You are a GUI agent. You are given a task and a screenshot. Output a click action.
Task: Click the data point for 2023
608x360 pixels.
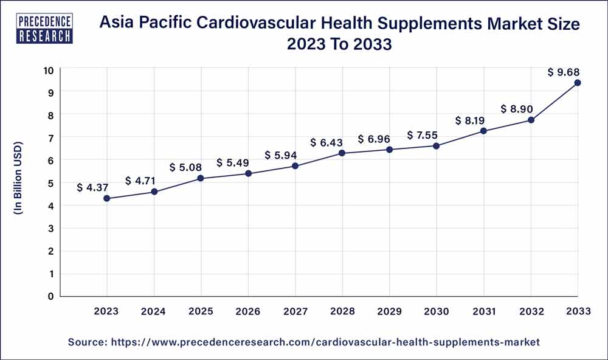click(x=107, y=198)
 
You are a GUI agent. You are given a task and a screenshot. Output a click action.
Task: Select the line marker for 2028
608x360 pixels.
click(x=342, y=153)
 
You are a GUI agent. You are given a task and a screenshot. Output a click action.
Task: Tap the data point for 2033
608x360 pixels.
click(x=578, y=83)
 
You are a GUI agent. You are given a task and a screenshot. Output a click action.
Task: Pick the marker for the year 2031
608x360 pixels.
click(x=483, y=131)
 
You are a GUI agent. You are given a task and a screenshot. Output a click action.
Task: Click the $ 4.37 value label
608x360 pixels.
click(x=92, y=188)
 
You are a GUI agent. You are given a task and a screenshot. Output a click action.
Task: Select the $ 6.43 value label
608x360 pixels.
click(x=328, y=142)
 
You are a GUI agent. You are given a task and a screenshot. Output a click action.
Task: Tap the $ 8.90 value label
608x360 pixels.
click(x=517, y=109)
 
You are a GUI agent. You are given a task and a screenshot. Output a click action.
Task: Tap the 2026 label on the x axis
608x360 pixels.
click(x=248, y=311)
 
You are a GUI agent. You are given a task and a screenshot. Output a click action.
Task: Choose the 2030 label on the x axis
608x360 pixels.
click(x=437, y=311)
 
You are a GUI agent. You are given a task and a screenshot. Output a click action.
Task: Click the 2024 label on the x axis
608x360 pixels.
click(x=154, y=311)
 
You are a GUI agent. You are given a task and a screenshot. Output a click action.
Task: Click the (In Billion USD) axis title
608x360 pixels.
click(x=18, y=182)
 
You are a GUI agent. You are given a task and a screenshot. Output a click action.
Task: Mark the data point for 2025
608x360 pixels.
click(x=201, y=178)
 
